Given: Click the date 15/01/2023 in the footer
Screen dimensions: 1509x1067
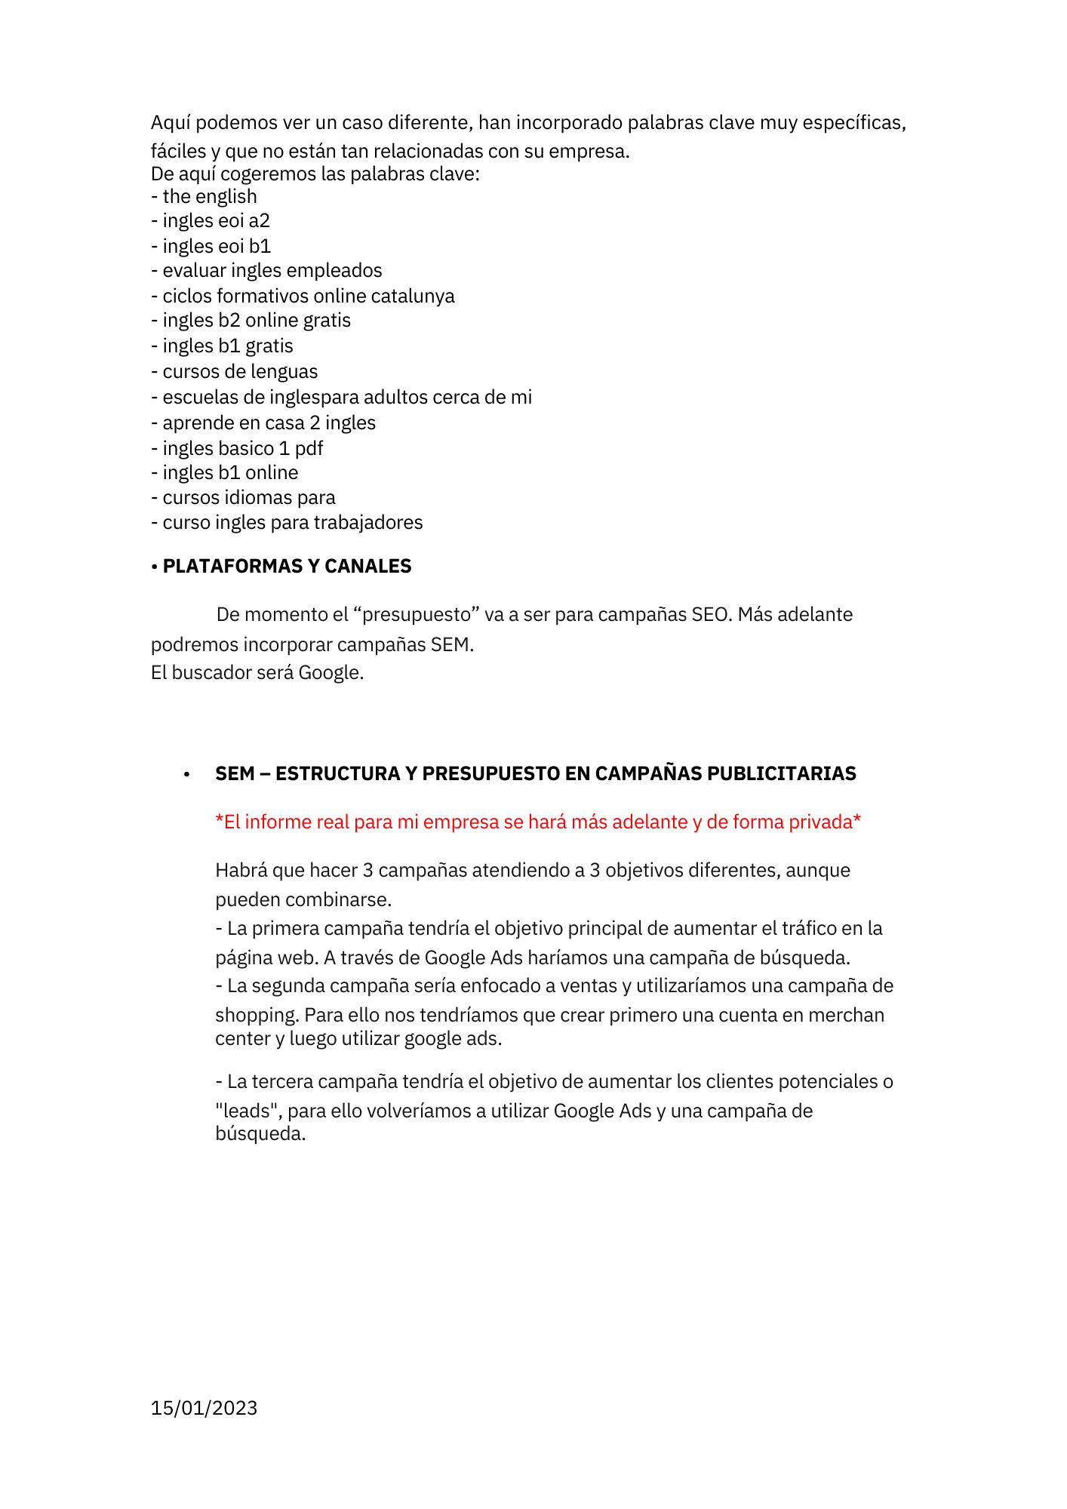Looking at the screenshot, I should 204,1408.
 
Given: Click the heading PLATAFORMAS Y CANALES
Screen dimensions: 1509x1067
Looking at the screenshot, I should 287,567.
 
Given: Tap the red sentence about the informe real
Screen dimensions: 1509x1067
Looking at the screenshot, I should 538,822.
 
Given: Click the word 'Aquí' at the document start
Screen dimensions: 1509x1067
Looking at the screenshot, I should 171,123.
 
